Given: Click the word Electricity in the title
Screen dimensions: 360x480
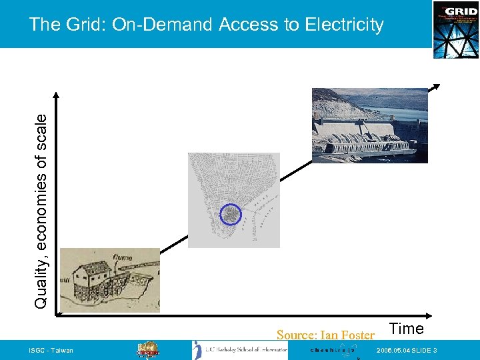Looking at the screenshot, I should [x=344, y=25].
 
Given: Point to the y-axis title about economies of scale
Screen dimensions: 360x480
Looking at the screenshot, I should [x=41, y=210].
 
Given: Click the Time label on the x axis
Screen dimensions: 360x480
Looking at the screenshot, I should [x=406, y=329].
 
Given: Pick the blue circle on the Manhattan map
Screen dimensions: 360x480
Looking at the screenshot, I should [x=230, y=214].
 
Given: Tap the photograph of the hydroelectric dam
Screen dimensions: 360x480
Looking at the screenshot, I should [x=369, y=125].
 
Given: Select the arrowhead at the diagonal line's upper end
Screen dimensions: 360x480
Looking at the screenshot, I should [x=436, y=87].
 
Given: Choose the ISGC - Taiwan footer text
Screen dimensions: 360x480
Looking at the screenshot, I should [x=51, y=351].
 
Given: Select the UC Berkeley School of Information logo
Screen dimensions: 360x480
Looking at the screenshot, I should [x=240, y=351].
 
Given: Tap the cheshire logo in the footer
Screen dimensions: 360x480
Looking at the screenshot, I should [x=333, y=351].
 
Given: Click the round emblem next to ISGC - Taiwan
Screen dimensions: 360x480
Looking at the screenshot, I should [x=147, y=351].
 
